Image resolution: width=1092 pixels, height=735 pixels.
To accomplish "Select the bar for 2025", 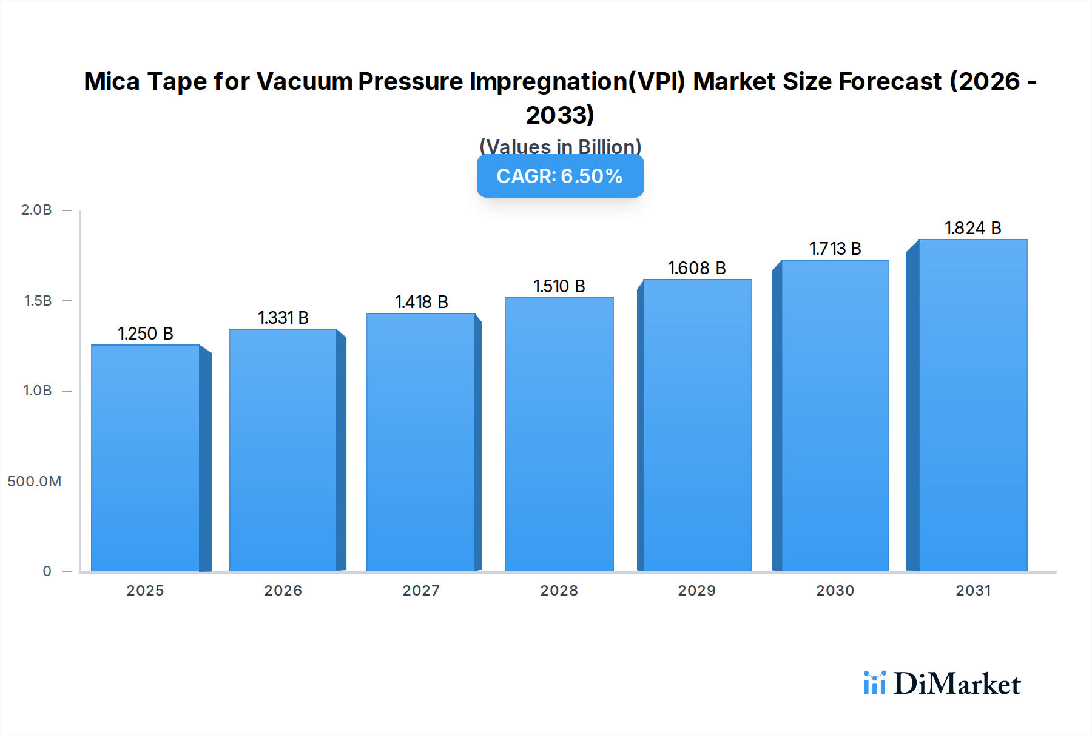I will pos(146,458).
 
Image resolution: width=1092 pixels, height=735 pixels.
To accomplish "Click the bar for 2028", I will pos(559,434).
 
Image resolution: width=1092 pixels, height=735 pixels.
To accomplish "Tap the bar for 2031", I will pos(972,405).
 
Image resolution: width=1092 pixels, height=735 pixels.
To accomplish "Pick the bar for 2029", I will pos(697,425).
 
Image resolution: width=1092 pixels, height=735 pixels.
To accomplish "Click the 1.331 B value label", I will pos(283,318).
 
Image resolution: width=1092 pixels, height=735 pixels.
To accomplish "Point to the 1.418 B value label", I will pos(421,302).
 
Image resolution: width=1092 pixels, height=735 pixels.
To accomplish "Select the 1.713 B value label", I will pos(835,249).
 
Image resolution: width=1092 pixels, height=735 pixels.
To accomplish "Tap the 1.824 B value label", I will pos(972,228).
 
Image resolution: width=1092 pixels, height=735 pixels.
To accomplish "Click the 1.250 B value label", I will pos(146,334).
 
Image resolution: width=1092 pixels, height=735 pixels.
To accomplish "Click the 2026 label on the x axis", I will pos(283,590).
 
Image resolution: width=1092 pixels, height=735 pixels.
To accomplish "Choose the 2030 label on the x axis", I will pos(835,590).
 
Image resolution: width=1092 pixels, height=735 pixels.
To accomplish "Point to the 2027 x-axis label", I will pos(421,590).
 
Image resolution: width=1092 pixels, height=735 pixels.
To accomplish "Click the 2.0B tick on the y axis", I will pos(36,210).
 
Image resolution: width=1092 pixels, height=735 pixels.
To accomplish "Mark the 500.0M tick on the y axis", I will pos(35,482).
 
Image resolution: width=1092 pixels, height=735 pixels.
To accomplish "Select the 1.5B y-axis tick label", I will pos(38,301).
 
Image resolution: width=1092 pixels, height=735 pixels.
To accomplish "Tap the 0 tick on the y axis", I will pos(47,571).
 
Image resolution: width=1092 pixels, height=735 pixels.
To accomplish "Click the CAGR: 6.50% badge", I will pos(560,176).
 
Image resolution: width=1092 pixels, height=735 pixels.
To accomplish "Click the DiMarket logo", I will pos(942,683).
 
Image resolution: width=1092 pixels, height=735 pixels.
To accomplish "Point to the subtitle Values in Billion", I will pos(560,147).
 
